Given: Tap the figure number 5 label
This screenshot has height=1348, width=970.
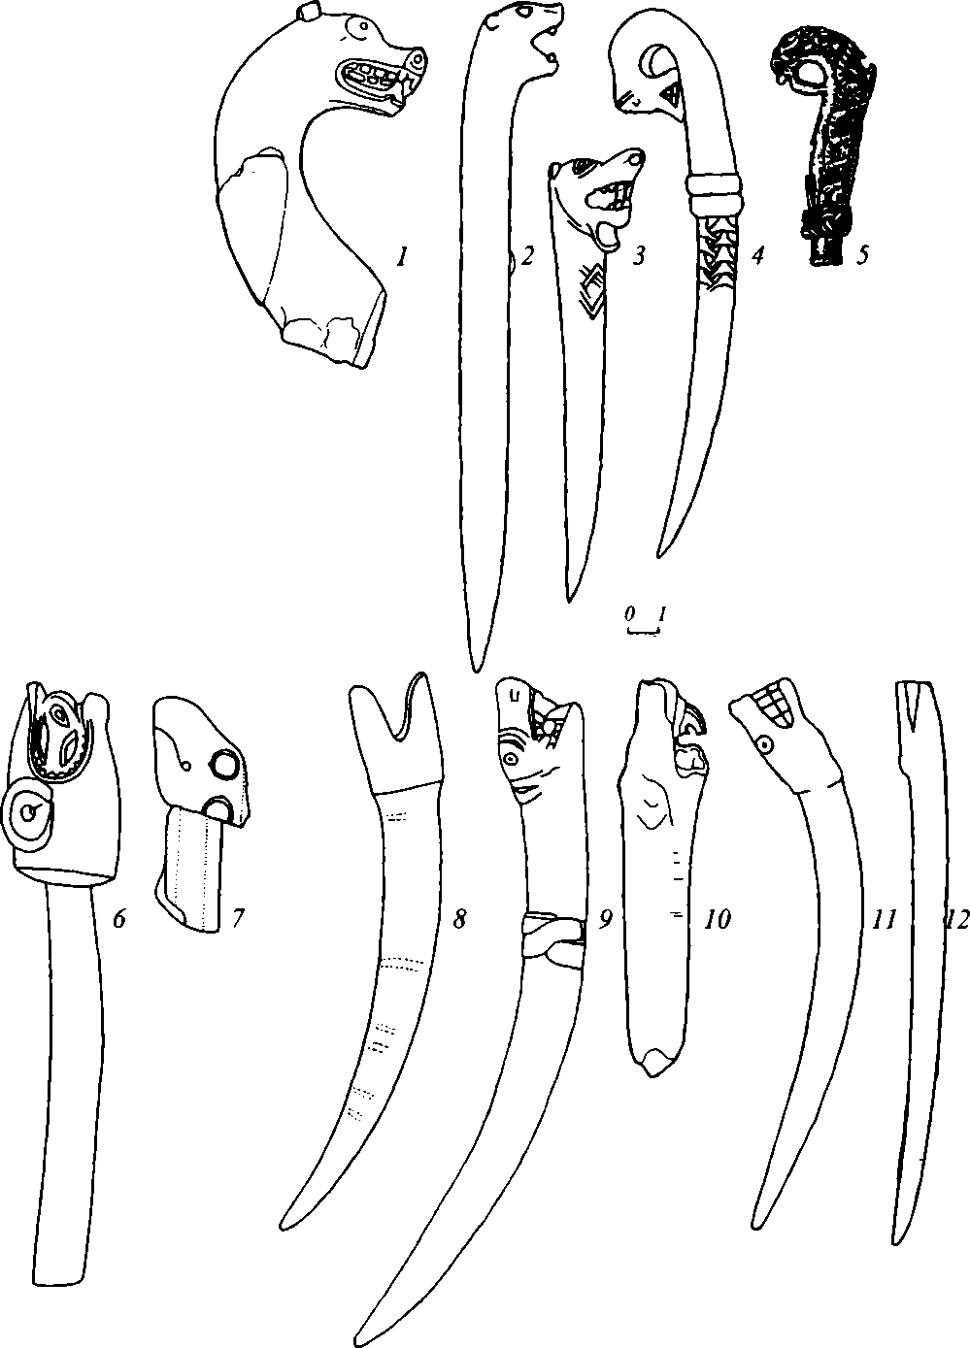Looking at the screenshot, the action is point(859,256).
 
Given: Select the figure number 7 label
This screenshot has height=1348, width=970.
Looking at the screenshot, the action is point(237,918).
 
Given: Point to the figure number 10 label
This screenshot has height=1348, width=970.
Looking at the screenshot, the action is point(717,918).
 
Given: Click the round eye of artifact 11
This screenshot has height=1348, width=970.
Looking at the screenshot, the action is point(766,745).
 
